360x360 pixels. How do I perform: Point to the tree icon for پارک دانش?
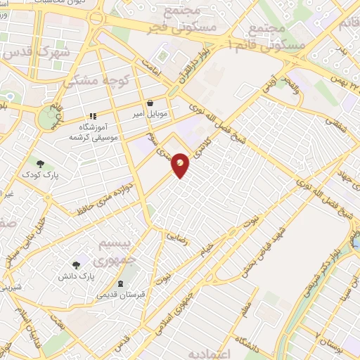click(x=76, y=265)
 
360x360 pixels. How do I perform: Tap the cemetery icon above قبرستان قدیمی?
click(x=121, y=283)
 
